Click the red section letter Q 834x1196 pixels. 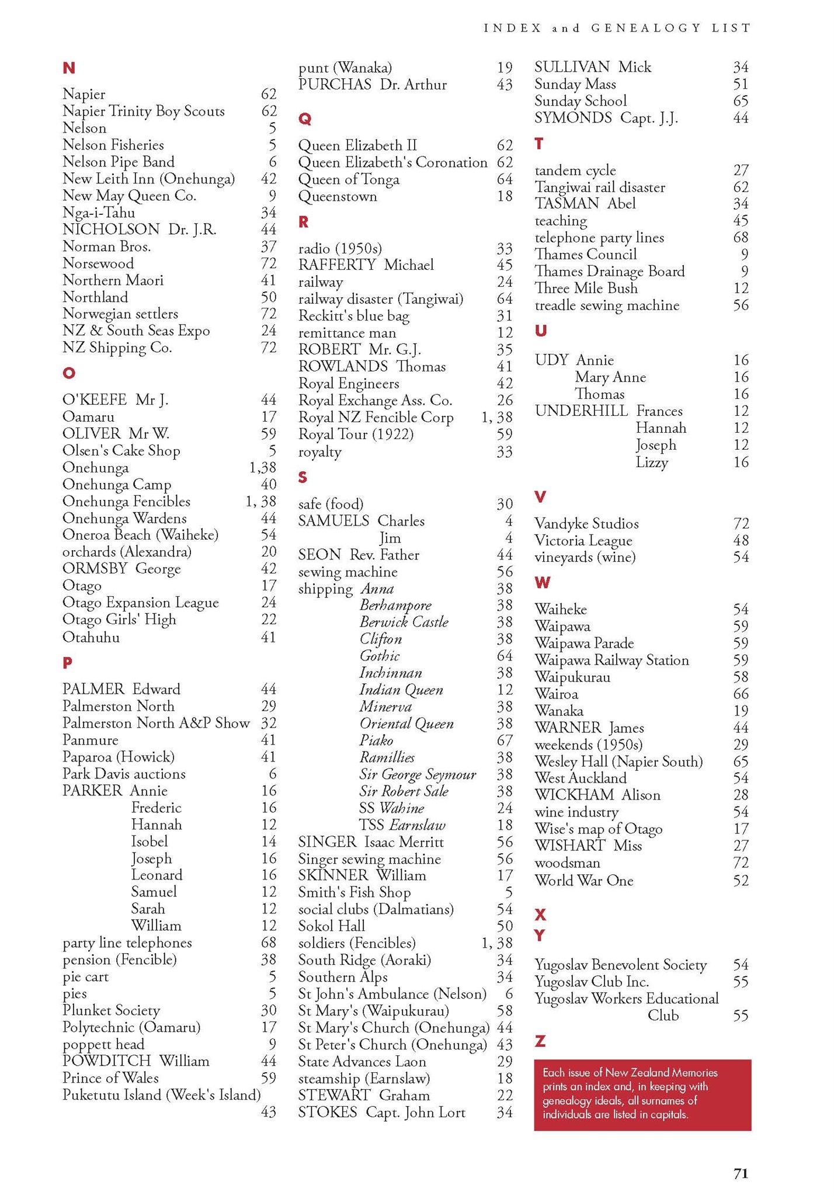coord(304,119)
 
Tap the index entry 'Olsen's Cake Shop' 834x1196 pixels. coord(121,451)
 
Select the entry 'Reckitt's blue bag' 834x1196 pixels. coord(353,316)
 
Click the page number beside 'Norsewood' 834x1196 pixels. coord(269,263)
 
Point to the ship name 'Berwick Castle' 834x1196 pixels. coord(404,622)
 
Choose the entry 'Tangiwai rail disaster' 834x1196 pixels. coord(600,187)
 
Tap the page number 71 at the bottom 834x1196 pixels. coord(741,1174)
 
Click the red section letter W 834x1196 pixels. coord(542,583)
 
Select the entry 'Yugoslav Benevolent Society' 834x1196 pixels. coord(620,965)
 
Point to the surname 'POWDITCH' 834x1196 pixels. coord(106,1061)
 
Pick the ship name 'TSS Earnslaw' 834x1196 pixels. coord(402,825)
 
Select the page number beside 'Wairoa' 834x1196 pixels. coord(741,694)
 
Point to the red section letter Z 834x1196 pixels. coord(540,1041)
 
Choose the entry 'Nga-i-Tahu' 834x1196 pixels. coord(99,213)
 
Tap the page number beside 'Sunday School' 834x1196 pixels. coord(741,101)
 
